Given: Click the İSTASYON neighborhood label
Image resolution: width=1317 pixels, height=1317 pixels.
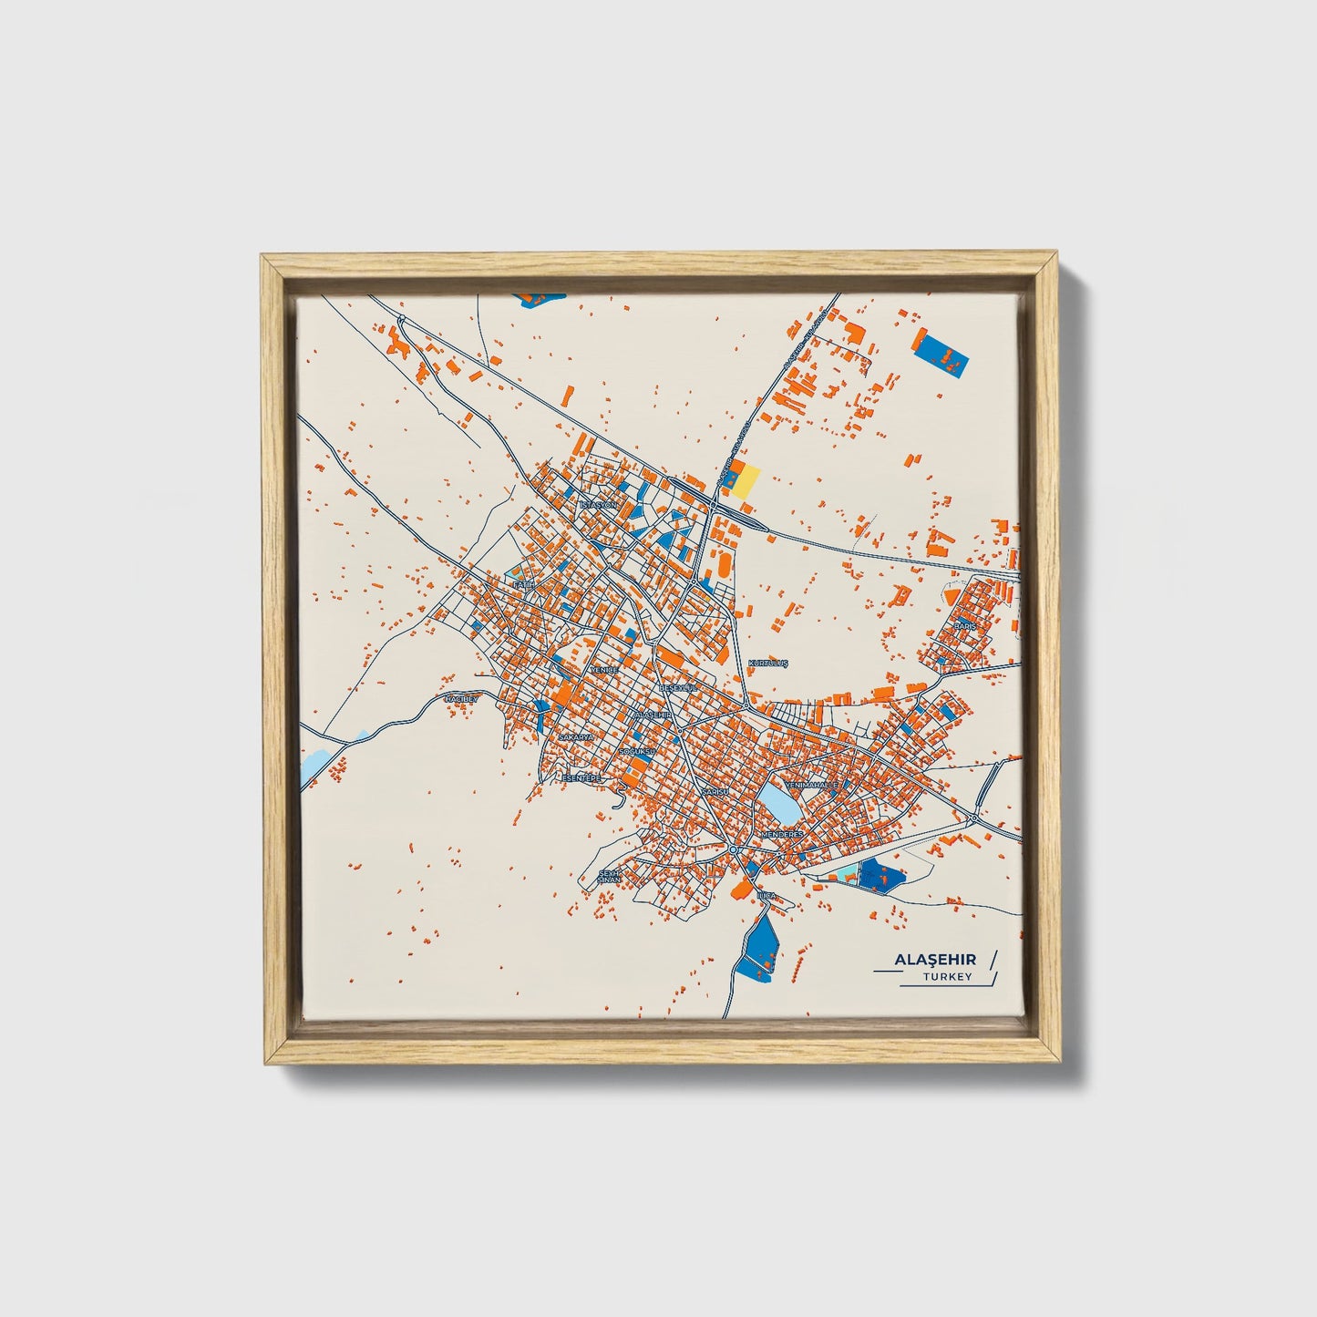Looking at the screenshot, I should (599, 504).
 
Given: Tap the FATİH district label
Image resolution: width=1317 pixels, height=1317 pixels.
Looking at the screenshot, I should (522, 584).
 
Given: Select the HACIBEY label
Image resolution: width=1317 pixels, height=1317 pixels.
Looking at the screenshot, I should (460, 699).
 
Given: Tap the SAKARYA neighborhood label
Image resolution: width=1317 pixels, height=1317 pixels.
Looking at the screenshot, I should (576, 736).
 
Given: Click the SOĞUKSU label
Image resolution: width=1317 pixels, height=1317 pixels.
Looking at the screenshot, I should (637, 752).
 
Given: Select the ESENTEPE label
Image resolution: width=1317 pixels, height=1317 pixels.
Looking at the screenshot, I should (581, 777).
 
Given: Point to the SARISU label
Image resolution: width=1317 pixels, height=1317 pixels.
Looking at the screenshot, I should (715, 793).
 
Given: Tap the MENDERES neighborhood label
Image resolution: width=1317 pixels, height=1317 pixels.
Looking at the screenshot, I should (781, 834).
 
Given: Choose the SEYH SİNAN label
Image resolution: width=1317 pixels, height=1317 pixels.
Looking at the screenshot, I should (608, 876).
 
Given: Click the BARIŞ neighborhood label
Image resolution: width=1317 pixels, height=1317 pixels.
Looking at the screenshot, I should (964, 626).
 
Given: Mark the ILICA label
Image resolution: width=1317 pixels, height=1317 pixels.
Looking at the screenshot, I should (767, 896).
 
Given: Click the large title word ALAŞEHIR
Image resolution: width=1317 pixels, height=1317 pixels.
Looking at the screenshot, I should (934, 960).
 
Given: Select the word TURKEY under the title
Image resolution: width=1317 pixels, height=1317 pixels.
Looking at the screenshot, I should (947, 977).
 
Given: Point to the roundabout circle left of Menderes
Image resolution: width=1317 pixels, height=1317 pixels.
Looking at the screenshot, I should (733, 849).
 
